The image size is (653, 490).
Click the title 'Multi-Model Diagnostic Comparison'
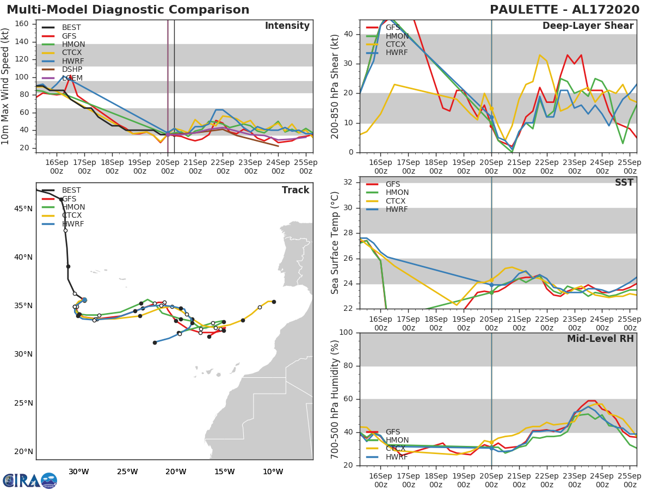(x=128, y=10)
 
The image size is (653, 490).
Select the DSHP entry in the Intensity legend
(x=72, y=70)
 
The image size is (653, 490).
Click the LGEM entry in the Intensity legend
(x=72, y=78)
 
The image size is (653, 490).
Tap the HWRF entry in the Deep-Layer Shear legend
(x=396, y=53)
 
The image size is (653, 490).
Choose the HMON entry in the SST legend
(x=397, y=193)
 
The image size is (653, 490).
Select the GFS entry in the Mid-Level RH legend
(x=392, y=432)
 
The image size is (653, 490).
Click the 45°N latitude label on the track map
(x=23, y=209)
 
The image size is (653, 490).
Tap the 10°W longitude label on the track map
(x=273, y=471)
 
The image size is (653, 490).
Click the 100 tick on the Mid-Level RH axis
(x=346, y=333)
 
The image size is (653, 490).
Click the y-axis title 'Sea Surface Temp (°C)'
(x=335, y=243)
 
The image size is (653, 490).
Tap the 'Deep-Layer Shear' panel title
(x=588, y=26)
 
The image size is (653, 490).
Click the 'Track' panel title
(x=295, y=190)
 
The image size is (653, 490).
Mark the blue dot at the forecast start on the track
(x=84, y=300)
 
